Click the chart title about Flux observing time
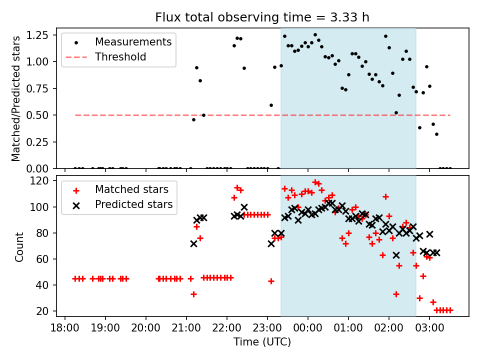click(262, 17)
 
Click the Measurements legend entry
click(133, 41)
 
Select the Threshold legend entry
click(120, 57)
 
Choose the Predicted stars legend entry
click(134, 204)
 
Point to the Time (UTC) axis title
click(262, 342)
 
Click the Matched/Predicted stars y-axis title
click(16, 98)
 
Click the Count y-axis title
click(19, 246)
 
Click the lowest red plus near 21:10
click(193, 294)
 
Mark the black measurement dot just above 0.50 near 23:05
click(271, 105)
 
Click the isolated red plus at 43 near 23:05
click(271, 281)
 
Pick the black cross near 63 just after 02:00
click(396, 255)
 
